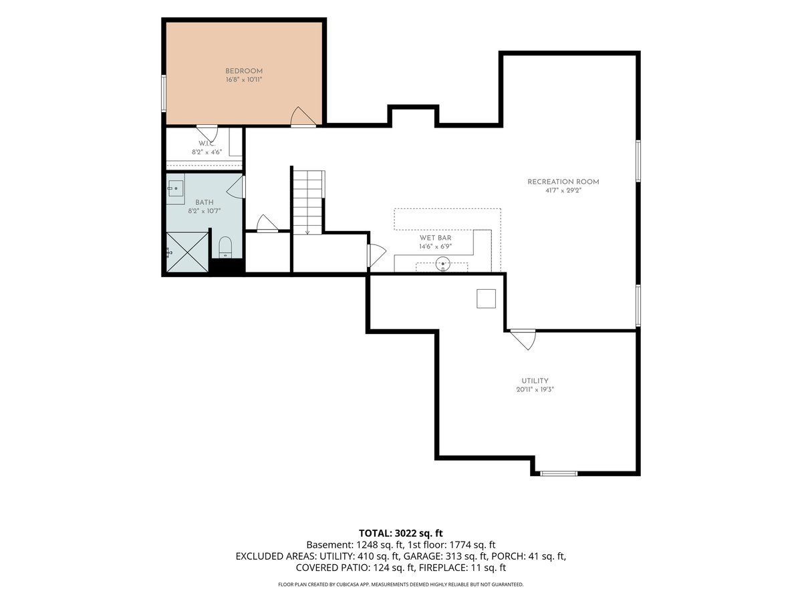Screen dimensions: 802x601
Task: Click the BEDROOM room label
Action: pyautogui.click(x=244, y=71)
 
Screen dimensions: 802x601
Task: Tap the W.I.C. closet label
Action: pyautogui.click(x=207, y=144)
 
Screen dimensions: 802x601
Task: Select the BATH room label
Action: pyautogui.click(x=205, y=202)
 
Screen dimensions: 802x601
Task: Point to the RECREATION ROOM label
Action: pyautogui.click(x=563, y=182)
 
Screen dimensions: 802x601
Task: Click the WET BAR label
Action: pyautogui.click(x=435, y=238)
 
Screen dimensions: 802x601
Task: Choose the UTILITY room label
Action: pyautogui.click(x=535, y=381)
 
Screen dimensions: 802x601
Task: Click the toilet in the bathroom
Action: pyautogui.click(x=225, y=247)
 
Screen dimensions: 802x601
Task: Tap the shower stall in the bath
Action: pyautogui.click(x=187, y=252)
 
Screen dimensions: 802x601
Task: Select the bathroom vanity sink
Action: pyautogui.click(x=176, y=189)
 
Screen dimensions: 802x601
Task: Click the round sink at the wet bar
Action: pyautogui.click(x=443, y=263)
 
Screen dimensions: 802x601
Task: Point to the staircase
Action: pyautogui.click(x=308, y=202)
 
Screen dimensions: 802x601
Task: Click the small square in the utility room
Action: pyautogui.click(x=486, y=299)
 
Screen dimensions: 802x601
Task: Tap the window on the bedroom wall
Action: pyautogui.click(x=164, y=93)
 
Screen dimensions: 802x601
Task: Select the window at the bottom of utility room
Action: pyautogui.click(x=559, y=473)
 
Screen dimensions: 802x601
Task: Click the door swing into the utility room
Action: pyautogui.click(x=524, y=340)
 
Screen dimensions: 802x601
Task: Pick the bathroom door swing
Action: pyautogui.click(x=236, y=187)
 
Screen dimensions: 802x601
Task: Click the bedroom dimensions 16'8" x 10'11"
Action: pyautogui.click(x=244, y=79)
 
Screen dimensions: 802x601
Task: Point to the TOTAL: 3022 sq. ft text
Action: pyautogui.click(x=401, y=533)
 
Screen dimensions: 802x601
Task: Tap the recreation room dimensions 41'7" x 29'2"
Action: pyautogui.click(x=563, y=190)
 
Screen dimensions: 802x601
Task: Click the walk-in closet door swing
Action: pyautogui.click(x=207, y=134)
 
